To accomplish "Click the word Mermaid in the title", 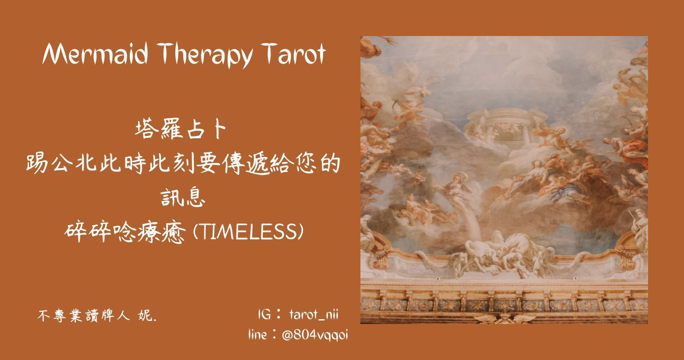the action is [x=95, y=54].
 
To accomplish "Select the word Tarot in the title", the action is [x=293, y=54].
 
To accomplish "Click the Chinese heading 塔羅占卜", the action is [x=181, y=130].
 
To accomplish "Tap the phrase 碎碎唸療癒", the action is [x=125, y=232].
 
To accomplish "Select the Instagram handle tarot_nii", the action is [x=314, y=314].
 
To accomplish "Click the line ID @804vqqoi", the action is [x=315, y=335].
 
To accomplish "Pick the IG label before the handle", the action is [x=264, y=314].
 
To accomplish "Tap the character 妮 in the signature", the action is [x=145, y=316].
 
